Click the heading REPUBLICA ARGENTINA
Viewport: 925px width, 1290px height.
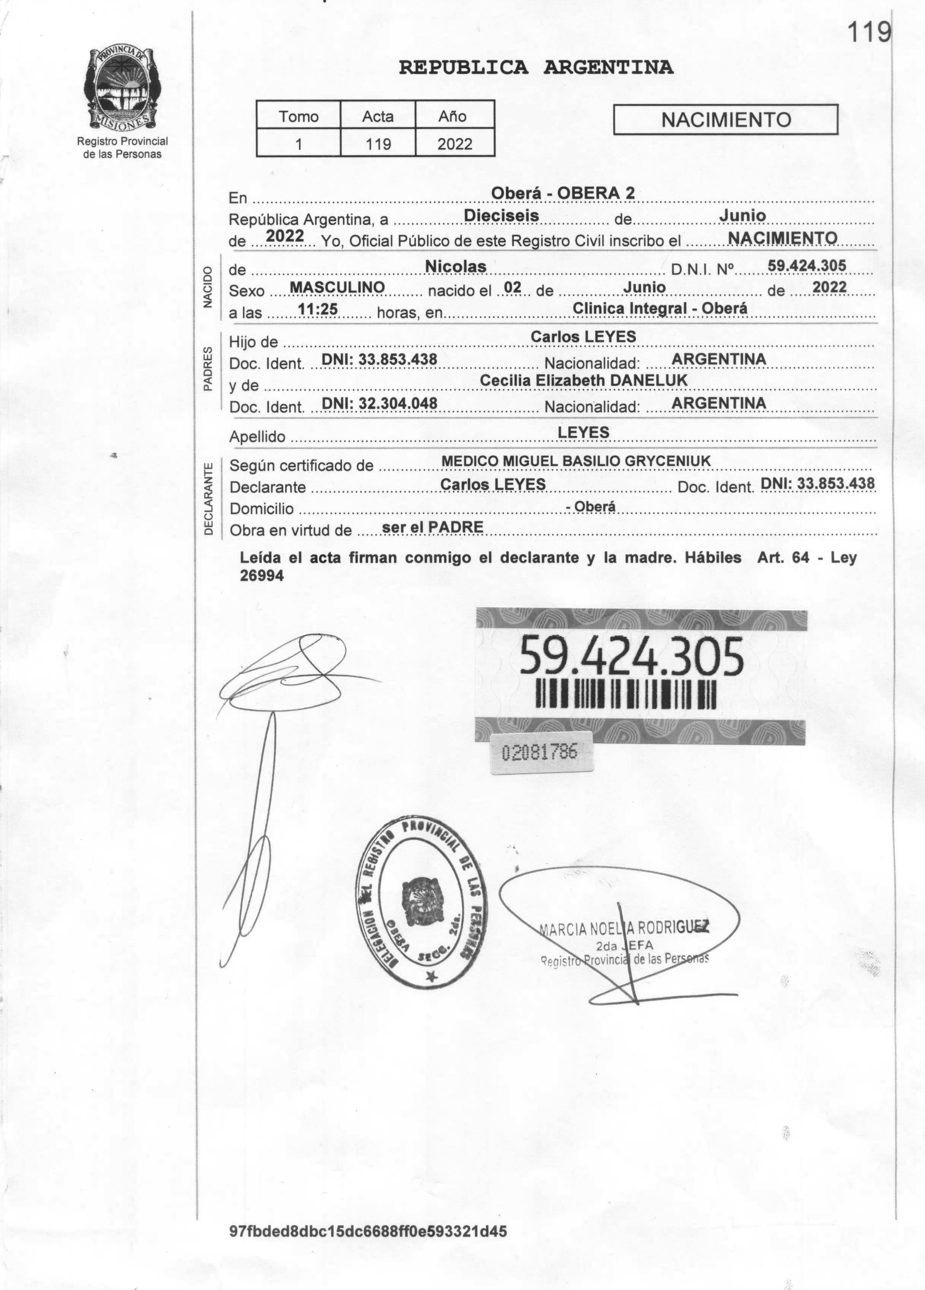[x=536, y=68]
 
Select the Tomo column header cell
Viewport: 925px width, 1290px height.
[x=298, y=117]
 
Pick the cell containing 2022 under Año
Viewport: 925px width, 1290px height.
[x=455, y=144]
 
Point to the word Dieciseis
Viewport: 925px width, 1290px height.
[x=502, y=216]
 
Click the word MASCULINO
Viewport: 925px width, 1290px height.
[x=337, y=287]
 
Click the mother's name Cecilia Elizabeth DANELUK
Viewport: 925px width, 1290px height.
[x=583, y=380]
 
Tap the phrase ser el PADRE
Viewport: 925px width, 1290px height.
[x=432, y=527]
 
